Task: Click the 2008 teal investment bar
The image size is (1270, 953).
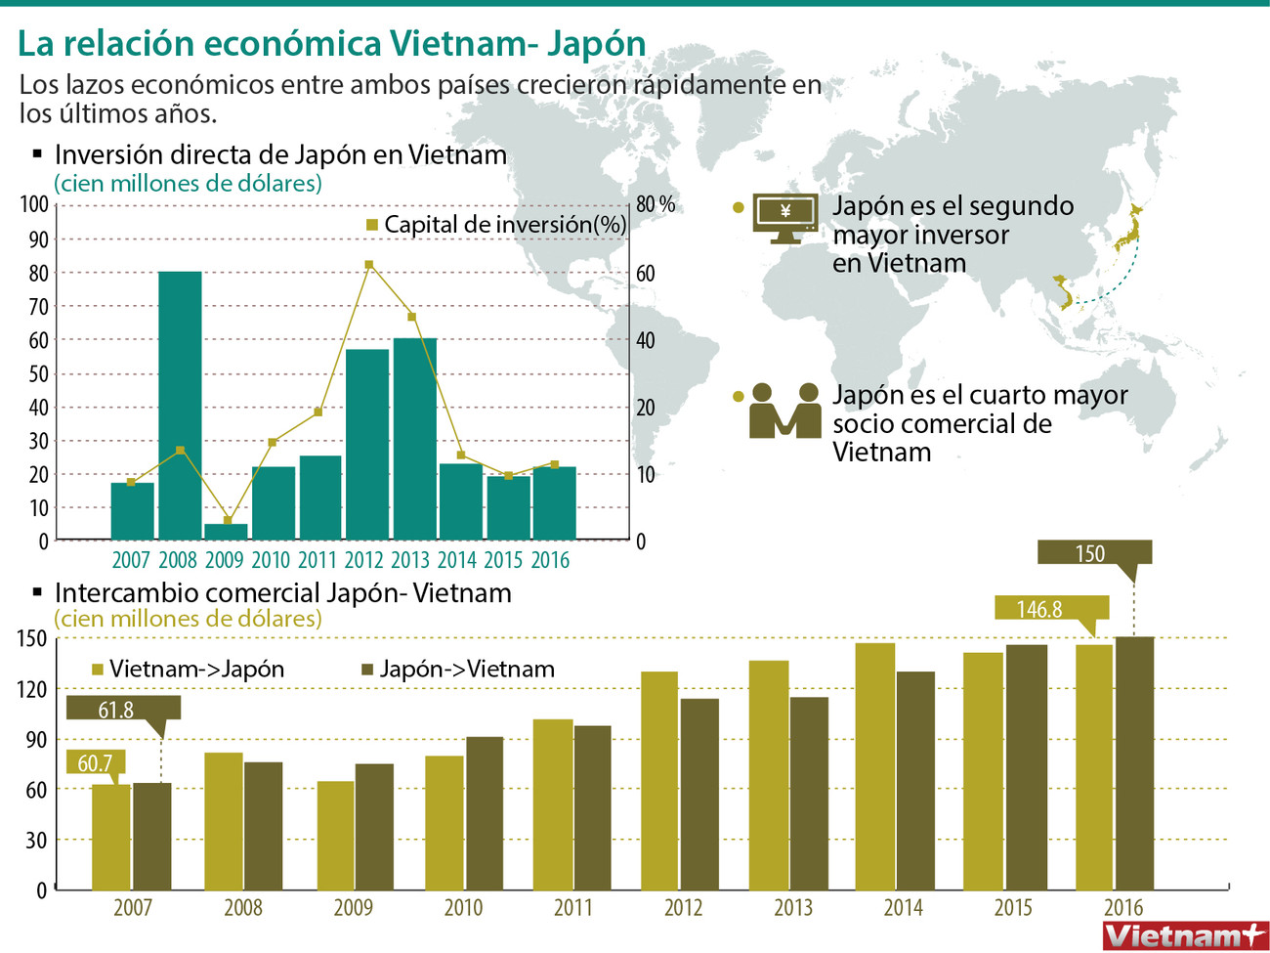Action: pos(180,405)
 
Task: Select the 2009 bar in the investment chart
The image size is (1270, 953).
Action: pos(226,531)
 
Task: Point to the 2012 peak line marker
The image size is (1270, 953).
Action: pos(368,265)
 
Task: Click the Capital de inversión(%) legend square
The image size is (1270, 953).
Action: pos(371,225)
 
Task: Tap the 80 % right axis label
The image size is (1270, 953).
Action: pos(656,204)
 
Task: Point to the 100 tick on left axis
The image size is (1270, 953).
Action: pos(34,204)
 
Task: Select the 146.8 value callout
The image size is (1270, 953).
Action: pos(1038,609)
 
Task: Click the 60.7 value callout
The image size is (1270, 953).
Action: pos(95,763)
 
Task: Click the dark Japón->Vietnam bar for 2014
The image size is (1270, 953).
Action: pos(915,779)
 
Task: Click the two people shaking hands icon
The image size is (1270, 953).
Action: pos(784,411)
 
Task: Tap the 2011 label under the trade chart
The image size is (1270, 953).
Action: pos(573,908)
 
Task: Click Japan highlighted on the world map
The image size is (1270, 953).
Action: pos(1131,231)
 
